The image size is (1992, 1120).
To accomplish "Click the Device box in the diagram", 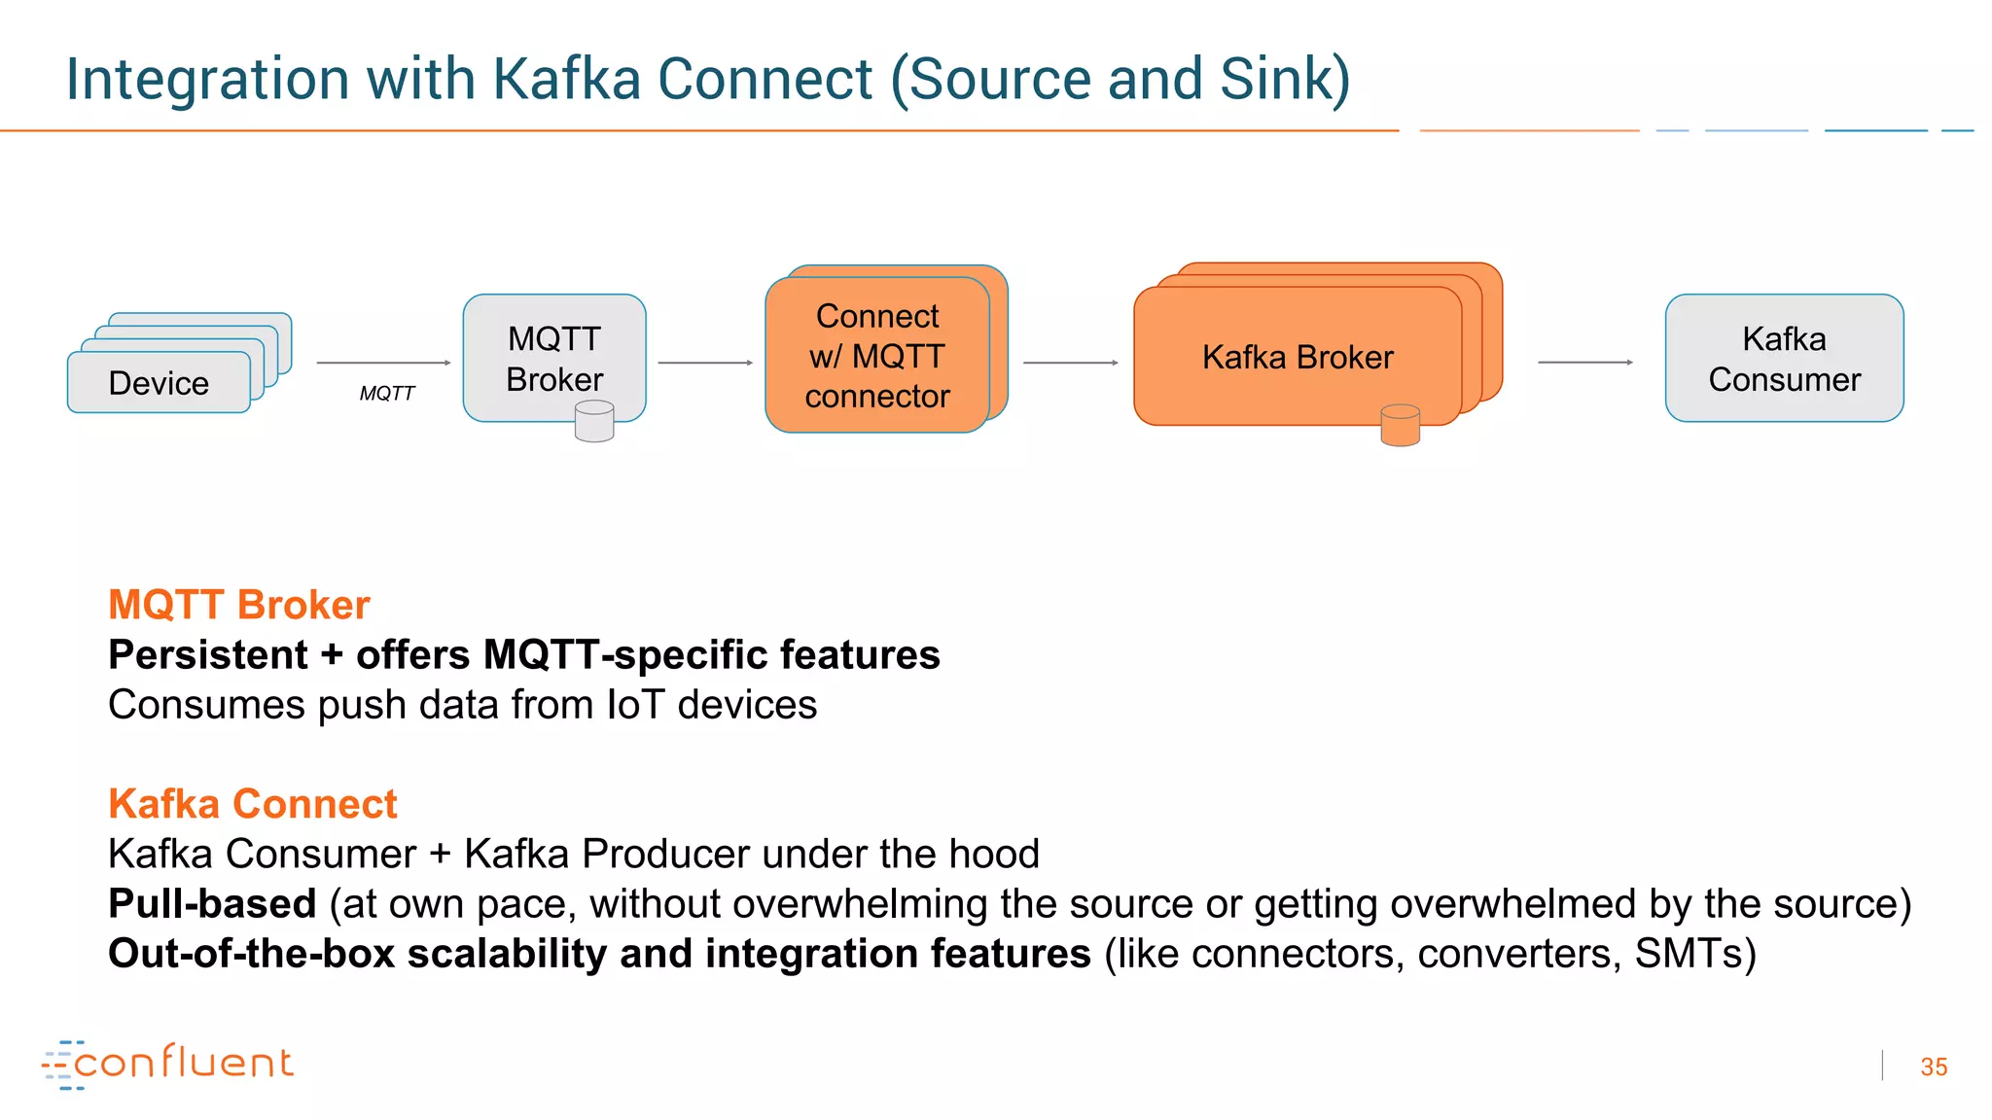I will tap(159, 383).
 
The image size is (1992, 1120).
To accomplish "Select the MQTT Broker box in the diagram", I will tap(554, 358).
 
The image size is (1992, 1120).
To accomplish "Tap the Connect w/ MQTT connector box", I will tap(877, 356).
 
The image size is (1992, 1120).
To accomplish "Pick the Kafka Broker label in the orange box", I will tap(1298, 357).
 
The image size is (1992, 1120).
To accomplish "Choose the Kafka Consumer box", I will tap(1784, 358).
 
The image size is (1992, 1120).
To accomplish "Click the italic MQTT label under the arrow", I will tap(386, 393).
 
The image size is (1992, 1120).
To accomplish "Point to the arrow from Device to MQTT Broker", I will tap(384, 363).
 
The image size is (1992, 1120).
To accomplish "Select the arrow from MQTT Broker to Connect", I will tap(705, 363).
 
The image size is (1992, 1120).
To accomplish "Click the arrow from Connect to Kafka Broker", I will tap(1070, 363).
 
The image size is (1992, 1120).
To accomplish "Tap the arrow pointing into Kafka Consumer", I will tap(1584, 362).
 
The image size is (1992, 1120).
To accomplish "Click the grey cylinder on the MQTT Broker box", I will tap(594, 423).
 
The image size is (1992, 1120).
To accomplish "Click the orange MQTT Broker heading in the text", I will tap(239, 605).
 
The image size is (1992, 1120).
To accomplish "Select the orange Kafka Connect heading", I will tap(253, 804).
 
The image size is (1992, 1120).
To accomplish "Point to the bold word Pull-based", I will tap(212, 903).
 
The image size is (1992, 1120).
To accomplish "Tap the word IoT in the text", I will tap(635, 705).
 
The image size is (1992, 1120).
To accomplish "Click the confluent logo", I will tap(168, 1064).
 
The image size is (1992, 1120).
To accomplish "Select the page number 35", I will tap(1934, 1067).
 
